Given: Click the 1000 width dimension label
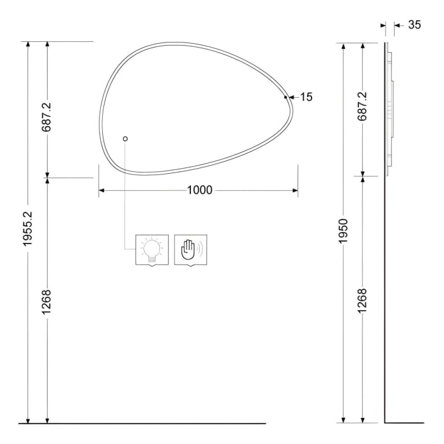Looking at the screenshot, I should pyautogui.click(x=199, y=190).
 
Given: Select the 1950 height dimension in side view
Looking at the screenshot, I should pyautogui.click(x=343, y=232).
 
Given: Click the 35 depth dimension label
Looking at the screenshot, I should pyautogui.click(x=414, y=25).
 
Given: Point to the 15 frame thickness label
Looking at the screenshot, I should pyautogui.click(x=306, y=97).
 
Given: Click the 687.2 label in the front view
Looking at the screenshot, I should pyautogui.click(x=47, y=115).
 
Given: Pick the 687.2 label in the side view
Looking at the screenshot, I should pyautogui.click(x=362, y=107).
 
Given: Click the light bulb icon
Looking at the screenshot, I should pyautogui.click(x=152, y=251).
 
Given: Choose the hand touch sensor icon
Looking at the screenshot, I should pyautogui.click(x=190, y=251).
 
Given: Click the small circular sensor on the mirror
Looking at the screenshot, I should pyautogui.click(x=125, y=139).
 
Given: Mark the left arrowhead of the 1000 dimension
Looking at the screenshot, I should pyautogui.click(x=101, y=190).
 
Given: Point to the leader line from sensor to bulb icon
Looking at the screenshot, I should pyautogui.click(x=125, y=190).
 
